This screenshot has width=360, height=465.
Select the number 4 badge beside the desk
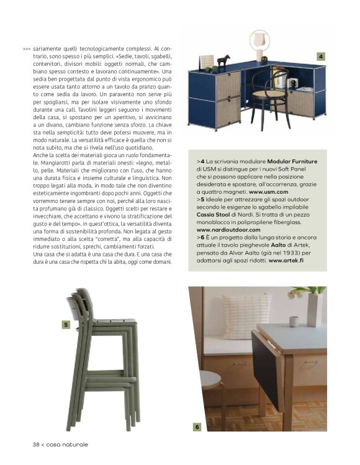click(320, 57)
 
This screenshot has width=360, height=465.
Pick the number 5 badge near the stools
click(65, 324)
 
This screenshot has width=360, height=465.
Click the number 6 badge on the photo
click(197, 427)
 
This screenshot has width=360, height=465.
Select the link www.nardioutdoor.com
click(227, 230)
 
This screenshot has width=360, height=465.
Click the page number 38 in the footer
click(37, 444)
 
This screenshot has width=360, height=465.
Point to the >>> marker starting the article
click(26, 48)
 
